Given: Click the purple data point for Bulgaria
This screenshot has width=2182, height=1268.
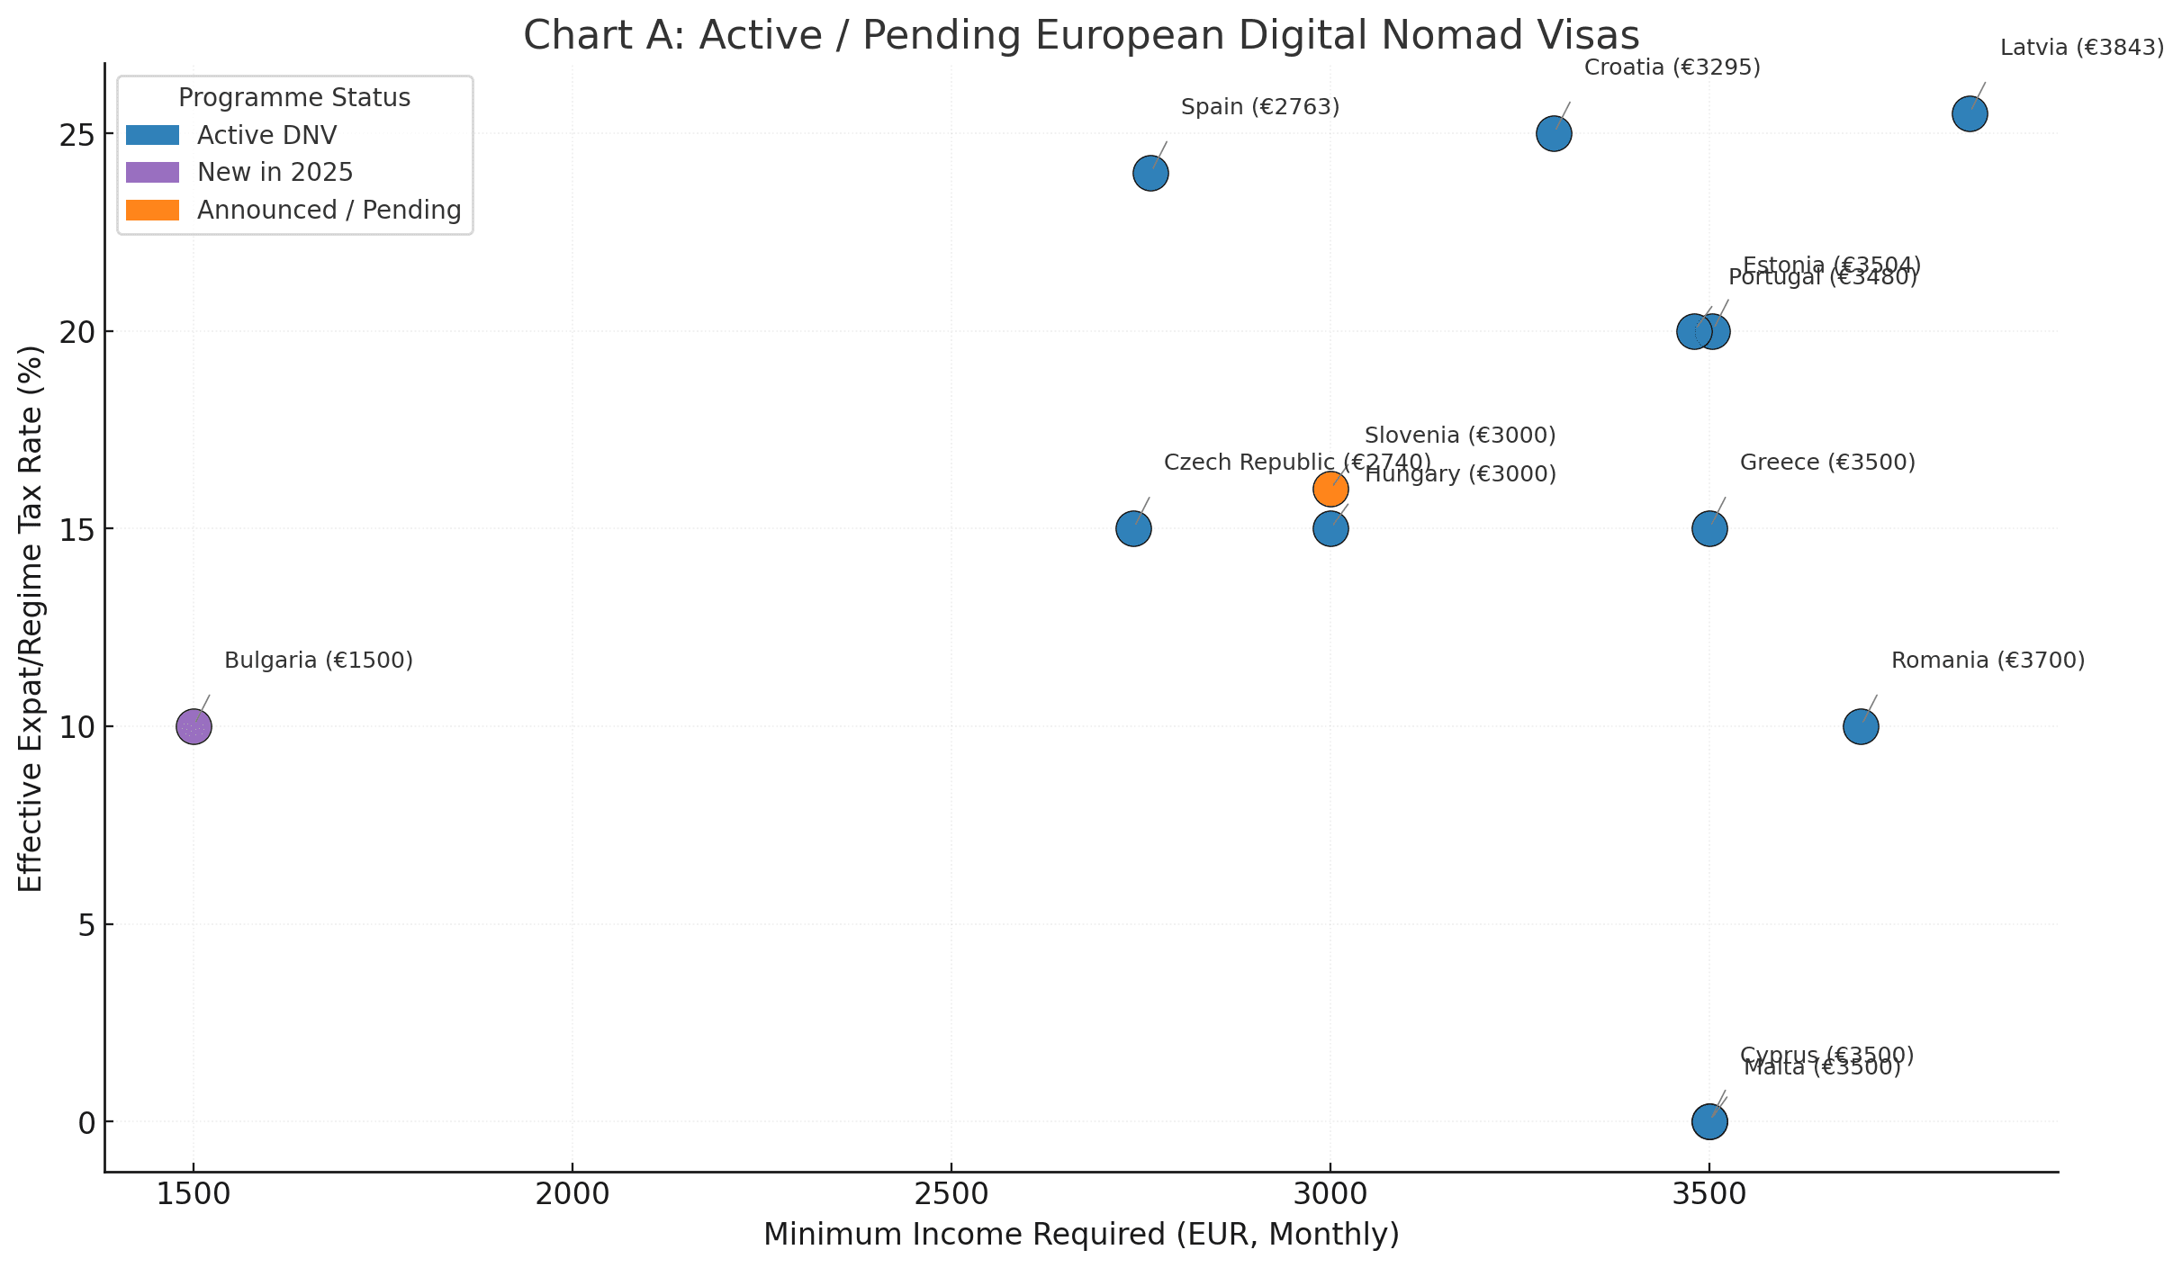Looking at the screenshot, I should coord(194,726).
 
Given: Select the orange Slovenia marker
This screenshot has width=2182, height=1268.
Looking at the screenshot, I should coord(1330,490).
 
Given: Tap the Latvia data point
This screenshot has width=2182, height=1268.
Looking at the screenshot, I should coord(1970,114).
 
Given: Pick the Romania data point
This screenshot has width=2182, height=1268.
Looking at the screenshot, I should coord(1861,726).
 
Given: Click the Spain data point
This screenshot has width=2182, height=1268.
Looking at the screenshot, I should coord(1150,173).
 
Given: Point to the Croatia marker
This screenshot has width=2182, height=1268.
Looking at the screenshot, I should coord(1554,134).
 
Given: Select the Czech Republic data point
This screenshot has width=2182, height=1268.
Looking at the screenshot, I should coord(1133,528).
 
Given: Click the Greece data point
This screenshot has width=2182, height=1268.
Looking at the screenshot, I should coord(1709,528).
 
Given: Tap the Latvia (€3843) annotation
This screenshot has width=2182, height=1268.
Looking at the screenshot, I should coord(2081,48).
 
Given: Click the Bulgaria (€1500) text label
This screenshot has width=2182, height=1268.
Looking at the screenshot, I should coord(319,661).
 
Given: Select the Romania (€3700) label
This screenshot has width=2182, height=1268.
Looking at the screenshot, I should coord(1988,661).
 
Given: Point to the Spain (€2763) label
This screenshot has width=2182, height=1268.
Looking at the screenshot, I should coord(1260,107).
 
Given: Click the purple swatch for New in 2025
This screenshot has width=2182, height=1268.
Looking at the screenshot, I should coord(152,172).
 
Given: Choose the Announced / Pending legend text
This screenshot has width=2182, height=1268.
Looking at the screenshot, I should coord(329,210).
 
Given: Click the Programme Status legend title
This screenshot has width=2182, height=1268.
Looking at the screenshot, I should coord(294,97).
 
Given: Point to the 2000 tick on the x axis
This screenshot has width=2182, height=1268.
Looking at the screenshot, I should coord(572,1194).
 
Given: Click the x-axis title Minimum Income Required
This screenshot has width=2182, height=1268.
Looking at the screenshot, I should coord(1081,1235).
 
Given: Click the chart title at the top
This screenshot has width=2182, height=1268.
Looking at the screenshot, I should coord(1081,36).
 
